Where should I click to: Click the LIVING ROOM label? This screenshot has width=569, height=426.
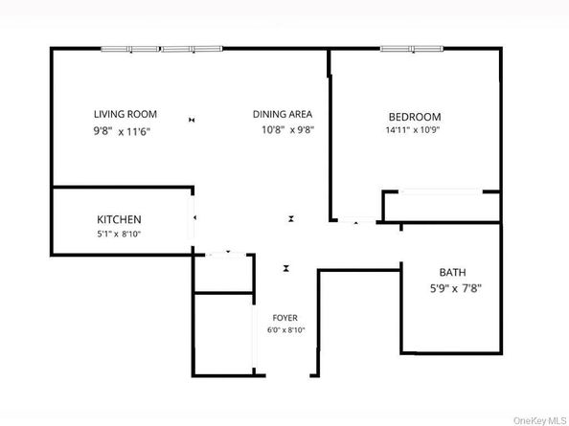[125, 114]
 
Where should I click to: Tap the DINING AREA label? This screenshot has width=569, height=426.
[283, 114]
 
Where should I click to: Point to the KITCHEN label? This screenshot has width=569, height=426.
[120, 219]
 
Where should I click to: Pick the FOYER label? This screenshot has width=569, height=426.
[284, 317]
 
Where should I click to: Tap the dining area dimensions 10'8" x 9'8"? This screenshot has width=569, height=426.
[284, 129]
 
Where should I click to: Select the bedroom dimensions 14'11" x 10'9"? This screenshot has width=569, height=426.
[413, 129]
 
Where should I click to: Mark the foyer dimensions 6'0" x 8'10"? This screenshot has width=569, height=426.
[285, 330]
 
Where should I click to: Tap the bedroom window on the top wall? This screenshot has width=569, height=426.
[412, 48]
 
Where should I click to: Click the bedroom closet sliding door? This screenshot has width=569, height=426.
[441, 192]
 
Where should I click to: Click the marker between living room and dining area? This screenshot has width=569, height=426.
[193, 119]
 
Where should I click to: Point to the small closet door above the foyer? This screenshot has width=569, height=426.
[228, 253]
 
